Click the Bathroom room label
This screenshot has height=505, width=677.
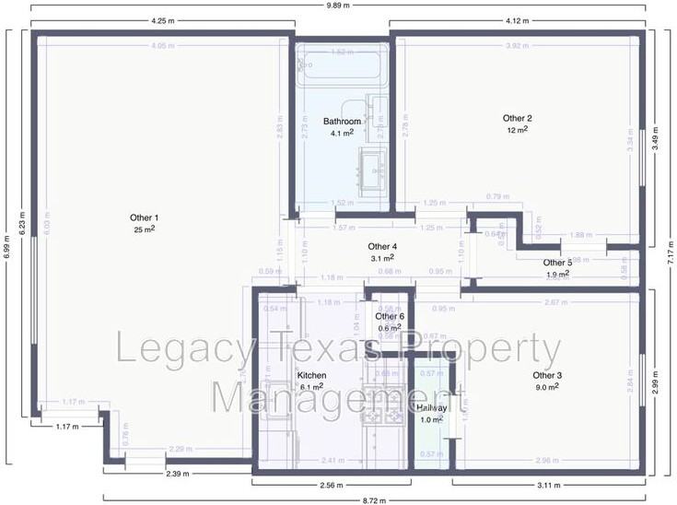pyautogui.click(x=342, y=122)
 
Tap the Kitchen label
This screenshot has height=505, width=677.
pyautogui.click(x=311, y=376)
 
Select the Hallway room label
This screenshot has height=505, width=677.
pyautogui.click(x=431, y=407)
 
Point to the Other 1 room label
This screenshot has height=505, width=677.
pyautogui.click(x=145, y=217)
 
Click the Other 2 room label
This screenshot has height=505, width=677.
pyautogui.click(x=517, y=118)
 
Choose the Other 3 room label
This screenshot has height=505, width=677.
pyautogui.click(x=547, y=375)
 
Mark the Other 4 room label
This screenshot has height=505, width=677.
pyautogui.click(x=382, y=247)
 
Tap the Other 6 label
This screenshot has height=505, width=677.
pyautogui.click(x=390, y=316)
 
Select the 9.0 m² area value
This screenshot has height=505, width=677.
pyautogui.click(x=547, y=387)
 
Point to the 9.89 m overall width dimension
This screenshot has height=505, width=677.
pyautogui.click(x=337, y=6)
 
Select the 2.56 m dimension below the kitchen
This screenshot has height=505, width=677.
pyautogui.click(x=333, y=485)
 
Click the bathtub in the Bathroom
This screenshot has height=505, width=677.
pyautogui.click(x=339, y=66)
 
